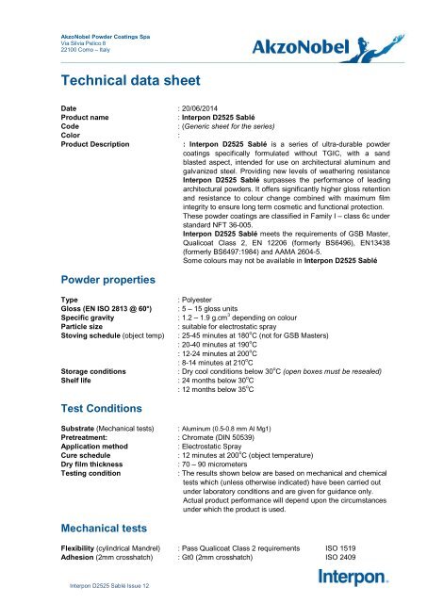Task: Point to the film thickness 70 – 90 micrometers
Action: pos(227,468)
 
